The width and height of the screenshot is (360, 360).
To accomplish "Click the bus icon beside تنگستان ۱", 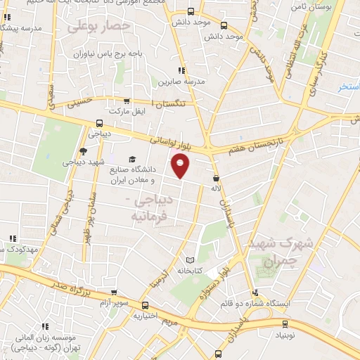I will tap(127, 101).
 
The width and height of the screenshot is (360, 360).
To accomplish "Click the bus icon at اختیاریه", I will tap(145, 306).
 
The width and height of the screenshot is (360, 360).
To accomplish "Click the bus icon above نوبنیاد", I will tap(285, 324).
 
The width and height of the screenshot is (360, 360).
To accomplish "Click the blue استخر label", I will tap(348, 86).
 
